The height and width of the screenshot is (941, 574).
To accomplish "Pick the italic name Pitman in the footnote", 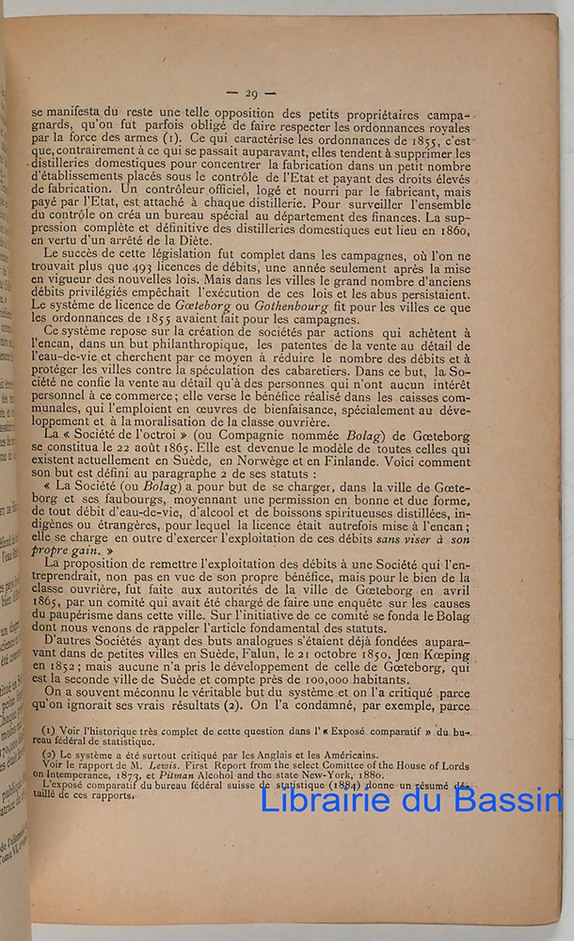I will point(184,776).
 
